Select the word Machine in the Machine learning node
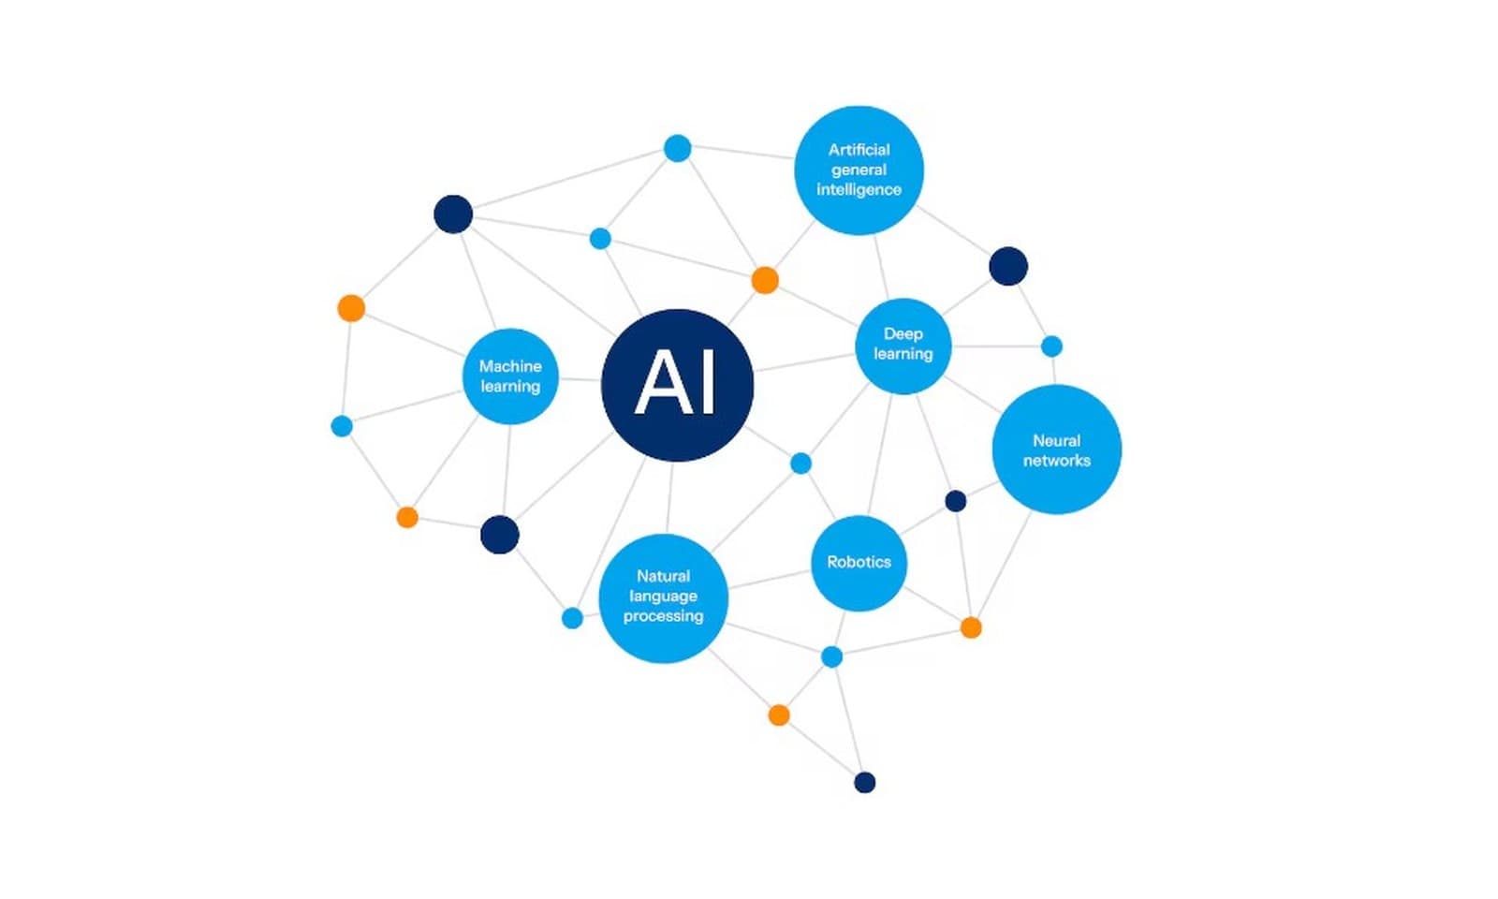click(x=510, y=366)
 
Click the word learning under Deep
click(x=903, y=354)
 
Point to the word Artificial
click(x=859, y=149)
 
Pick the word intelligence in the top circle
click(x=859, y=189)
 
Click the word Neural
click(x=1057, y=441)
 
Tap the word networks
click(x=1057, y=460)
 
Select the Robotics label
click(x=859, y=562)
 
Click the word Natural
click(x=664, y=576)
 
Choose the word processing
click(x=664, y=616)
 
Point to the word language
click(x=664, y=596)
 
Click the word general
click(x=859, y=169)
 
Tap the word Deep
click(x=903, y=333)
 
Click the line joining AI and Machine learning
click(x=580, y=380)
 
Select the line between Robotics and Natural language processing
click(x=769, y=580)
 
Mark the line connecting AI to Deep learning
click(x=805, y=361)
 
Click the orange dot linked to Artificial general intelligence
click(x=765, y=280)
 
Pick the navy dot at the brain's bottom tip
click(x=865, y=782)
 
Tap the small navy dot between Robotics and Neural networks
click(x=956, y=501)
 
